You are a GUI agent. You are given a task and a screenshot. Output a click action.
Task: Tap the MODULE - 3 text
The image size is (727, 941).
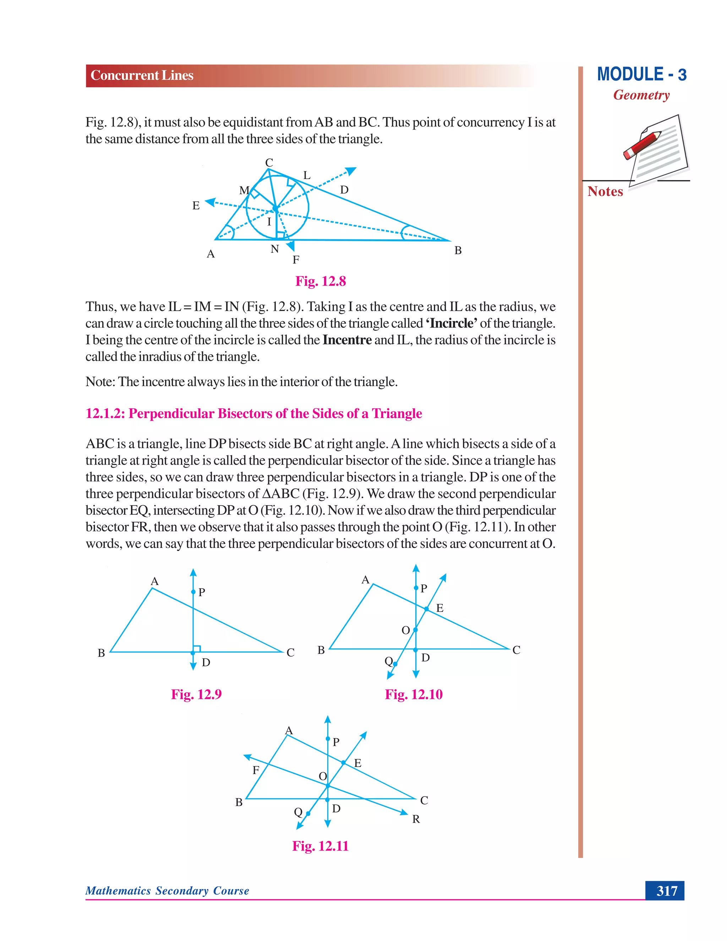click(641, 75)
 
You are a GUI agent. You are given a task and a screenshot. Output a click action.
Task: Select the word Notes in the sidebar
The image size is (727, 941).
click(605, 191)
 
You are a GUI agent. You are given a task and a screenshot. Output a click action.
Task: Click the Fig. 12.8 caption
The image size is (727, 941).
click(321, 281)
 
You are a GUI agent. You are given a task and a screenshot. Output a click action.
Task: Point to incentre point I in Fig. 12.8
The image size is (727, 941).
click(275, 208)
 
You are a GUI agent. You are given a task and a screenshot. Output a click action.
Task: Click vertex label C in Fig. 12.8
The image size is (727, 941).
click(269, 162)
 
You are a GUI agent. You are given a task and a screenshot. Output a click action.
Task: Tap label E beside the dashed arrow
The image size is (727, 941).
click(196, 206)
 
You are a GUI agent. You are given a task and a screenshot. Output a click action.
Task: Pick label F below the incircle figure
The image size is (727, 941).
click(296, 260)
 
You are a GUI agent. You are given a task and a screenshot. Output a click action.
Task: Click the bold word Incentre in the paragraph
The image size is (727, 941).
click(347, 340)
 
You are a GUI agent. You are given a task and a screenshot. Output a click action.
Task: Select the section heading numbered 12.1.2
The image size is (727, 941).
click(254, 414)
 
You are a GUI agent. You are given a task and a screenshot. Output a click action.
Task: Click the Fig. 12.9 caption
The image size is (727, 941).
click(196, 695)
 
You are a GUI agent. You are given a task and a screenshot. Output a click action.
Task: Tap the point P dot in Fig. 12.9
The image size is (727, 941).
click(193, 592)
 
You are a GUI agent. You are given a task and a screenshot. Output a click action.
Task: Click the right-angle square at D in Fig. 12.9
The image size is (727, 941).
click(197, 648)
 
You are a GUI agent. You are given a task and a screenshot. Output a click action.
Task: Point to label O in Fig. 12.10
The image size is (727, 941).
click(405, 630)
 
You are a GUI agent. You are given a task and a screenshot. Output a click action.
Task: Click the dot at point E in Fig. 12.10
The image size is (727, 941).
click(426, 609)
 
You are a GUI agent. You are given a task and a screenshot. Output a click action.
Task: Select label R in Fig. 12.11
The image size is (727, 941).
click(416, 819)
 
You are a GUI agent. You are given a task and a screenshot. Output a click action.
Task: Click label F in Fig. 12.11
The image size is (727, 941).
click(256, 770)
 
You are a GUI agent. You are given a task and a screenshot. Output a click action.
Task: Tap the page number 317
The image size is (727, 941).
click(666, 891)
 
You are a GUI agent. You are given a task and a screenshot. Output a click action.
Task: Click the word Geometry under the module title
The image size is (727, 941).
click(641, 95)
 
